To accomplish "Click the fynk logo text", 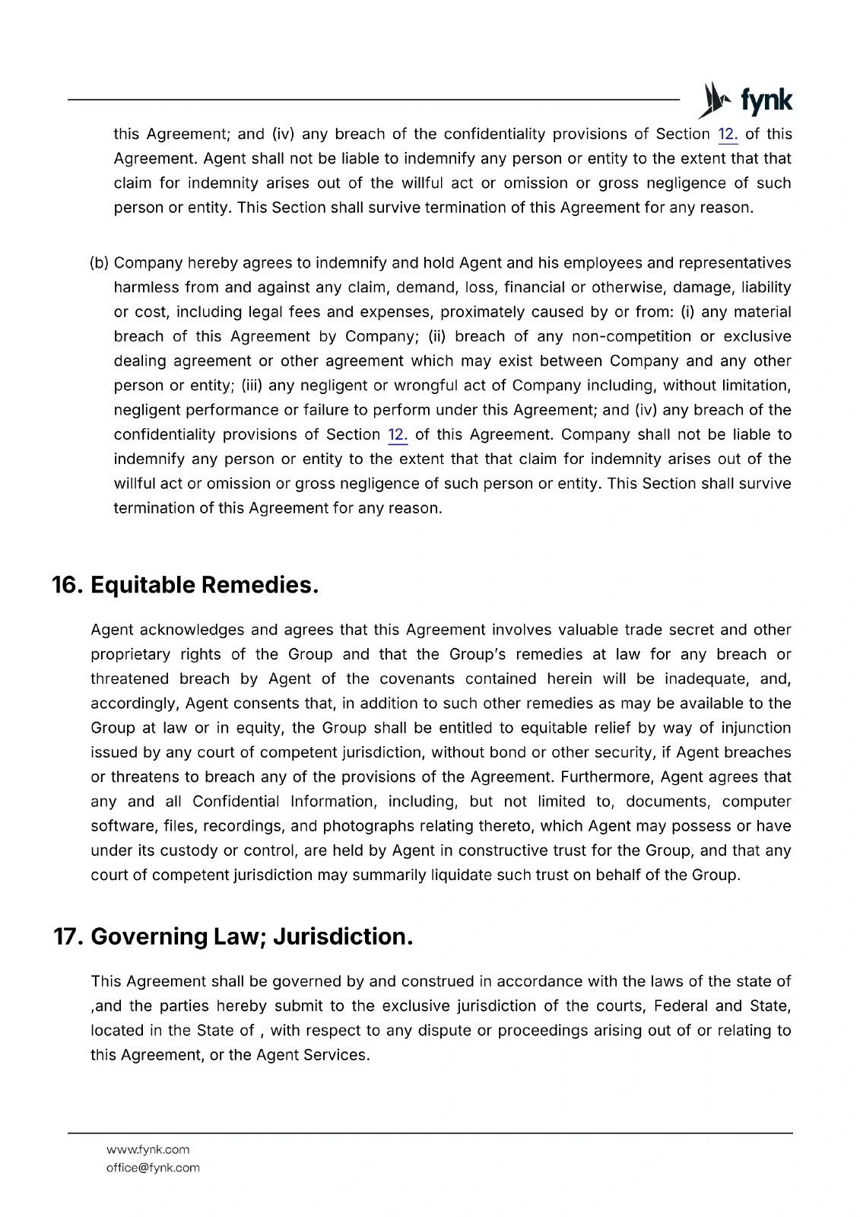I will (766, 101).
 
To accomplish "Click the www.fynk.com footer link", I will (148, 1149).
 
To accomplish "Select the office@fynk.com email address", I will (153, 1168).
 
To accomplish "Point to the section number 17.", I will (68, 936).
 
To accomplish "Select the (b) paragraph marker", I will (99, 263).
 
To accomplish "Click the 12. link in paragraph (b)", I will (398, 435).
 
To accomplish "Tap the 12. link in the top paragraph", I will (728, 135).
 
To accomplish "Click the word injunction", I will (756, 728).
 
